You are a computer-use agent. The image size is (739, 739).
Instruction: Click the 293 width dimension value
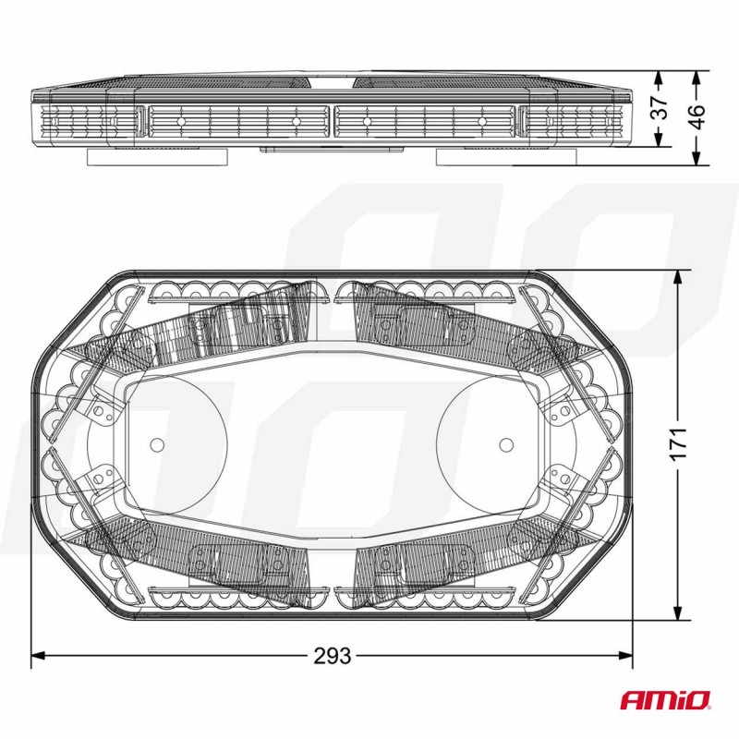click(333, 657)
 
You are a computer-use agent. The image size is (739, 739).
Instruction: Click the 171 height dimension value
click(679, 444)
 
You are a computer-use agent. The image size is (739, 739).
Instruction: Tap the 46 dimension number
click(697, 115)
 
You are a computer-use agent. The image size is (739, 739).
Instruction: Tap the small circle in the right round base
click(505, 443)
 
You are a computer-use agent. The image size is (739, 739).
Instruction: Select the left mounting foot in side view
click(158, 157)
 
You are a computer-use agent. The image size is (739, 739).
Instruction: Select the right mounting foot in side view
click(504, 157)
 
